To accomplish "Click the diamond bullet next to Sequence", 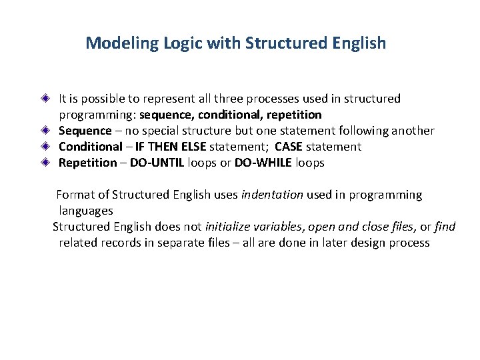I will coord(44,131).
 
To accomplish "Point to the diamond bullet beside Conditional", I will coord(44,147).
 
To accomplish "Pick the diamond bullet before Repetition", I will coord(44,163).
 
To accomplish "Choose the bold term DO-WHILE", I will coord(263,163).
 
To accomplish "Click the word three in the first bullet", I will coord(205,99).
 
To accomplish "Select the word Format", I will coord(75,195).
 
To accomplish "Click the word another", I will coord(413,131).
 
